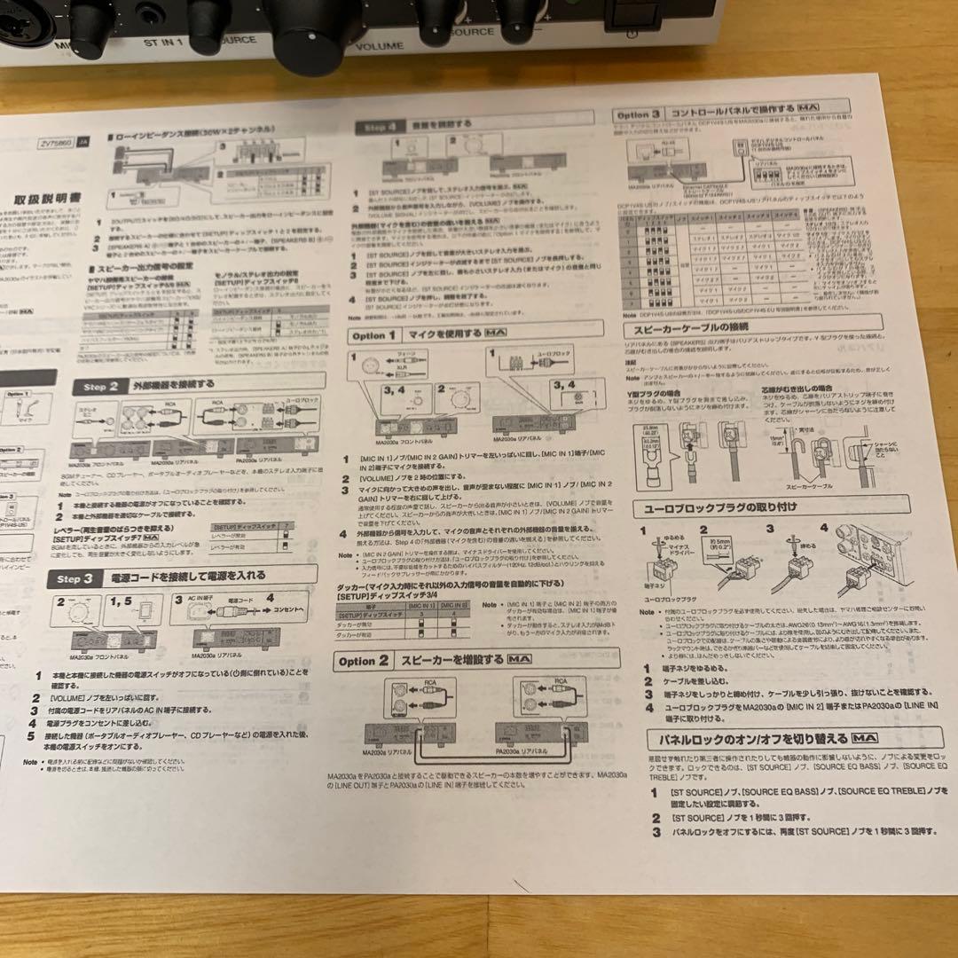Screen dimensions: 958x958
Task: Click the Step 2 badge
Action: click(106, 387)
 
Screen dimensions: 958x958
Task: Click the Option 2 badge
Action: click(364, 661)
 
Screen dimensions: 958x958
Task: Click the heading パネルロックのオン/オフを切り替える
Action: click(745, 738)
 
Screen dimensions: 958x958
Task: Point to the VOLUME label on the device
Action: click(379, 44)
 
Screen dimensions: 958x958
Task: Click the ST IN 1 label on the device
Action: click(165, 41)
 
